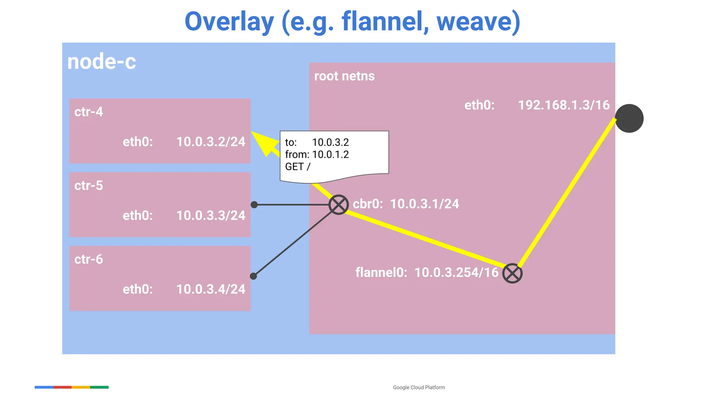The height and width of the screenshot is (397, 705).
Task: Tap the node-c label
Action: coord(102,62)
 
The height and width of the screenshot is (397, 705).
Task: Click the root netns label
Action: coord(344,76)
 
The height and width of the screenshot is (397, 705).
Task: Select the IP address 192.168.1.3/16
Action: coord(564,105)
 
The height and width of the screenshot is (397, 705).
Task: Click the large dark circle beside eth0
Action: coord(629,118)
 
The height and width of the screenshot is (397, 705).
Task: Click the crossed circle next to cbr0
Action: coord(338,205)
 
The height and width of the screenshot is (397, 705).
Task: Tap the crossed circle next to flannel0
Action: coord(512,273)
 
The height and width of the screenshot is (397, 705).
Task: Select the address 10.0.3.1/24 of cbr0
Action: coord(424,204)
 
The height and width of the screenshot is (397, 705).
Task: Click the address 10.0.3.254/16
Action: coord(456,272)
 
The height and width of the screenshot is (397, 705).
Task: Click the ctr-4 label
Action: coord(88,112)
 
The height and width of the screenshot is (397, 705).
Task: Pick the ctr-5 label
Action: coord(88,186)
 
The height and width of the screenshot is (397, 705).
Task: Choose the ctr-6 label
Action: coord(88,259)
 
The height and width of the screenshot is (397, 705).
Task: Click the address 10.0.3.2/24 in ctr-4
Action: coord(211,142)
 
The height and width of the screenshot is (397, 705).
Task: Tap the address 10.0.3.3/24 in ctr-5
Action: coord(211,216)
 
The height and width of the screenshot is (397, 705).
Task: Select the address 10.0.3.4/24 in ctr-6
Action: coord(211,289)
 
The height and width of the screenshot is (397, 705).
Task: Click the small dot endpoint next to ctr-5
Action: coord(254,205)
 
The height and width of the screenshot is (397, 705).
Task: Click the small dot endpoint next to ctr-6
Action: coord(253,276)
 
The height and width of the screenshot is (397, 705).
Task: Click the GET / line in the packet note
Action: coord(297,167)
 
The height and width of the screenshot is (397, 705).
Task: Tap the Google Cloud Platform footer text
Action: coord(419,387)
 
